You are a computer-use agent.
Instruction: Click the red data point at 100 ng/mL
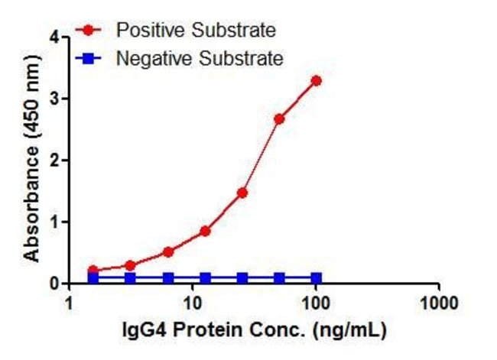click(x=316, y=80)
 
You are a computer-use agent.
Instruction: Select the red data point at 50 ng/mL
click(x=279, y=118)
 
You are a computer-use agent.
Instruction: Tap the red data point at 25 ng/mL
click(x=242, y=193)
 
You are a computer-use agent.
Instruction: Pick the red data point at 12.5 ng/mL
click(x=205, y=231)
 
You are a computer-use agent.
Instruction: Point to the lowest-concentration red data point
click(x=93, y=271)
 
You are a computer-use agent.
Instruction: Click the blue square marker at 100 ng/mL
click(x=316, y=278)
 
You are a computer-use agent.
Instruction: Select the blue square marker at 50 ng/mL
click(x=279, y=278)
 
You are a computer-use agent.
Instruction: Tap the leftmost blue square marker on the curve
click(x=93, y=278)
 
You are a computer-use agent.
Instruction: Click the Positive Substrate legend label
click(x=195, y=31)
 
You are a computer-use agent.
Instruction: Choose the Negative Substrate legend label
click(x=199, y=58)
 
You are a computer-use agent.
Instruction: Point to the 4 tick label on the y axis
click(x=54, y=37)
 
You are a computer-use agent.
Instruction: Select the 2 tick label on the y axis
click(x=54, y=161)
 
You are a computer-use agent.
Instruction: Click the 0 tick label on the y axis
click(x=54, y=284)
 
